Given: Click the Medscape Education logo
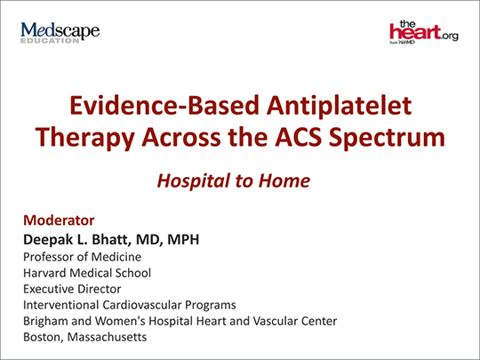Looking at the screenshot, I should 60,32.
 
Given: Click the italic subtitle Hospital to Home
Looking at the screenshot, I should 233,180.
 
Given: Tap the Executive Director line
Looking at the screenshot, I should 72,289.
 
